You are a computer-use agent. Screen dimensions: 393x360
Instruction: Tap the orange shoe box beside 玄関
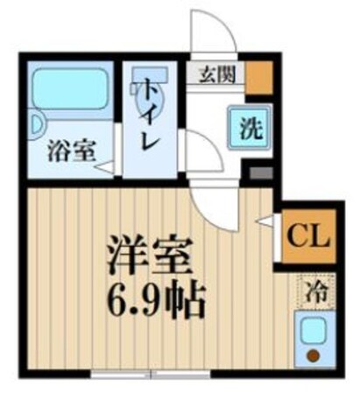tap(258, 79)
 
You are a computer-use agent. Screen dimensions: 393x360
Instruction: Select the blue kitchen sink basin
tap(312, 332)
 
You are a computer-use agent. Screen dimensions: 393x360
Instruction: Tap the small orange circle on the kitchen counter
tap(313, 355)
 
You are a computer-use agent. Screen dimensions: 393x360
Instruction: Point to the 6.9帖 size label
tap(153, 302)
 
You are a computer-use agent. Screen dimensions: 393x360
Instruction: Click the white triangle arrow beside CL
tap(265, 225)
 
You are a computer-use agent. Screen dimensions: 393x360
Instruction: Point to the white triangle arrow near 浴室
tap(104, 165)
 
